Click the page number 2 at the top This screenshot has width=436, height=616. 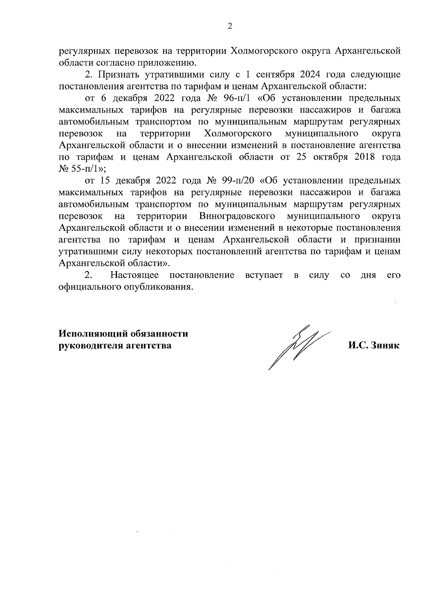click(229, 26)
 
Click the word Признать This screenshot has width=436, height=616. click(118, 75)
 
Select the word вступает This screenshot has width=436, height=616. click(264, 275)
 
